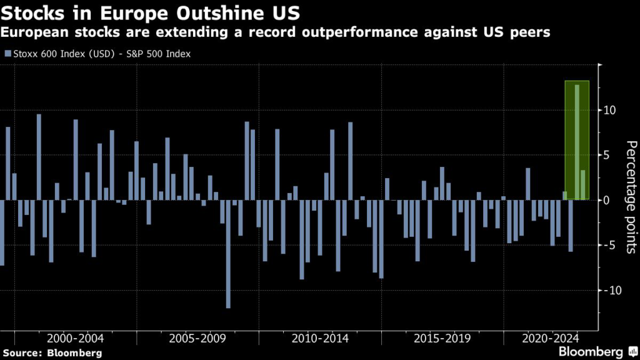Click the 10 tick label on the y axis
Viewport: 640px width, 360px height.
coord(609,111)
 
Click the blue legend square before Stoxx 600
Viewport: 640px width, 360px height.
coord(7,54)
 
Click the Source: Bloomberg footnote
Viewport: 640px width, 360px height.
coord(51,353)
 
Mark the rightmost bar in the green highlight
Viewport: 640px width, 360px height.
coord(583,185)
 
